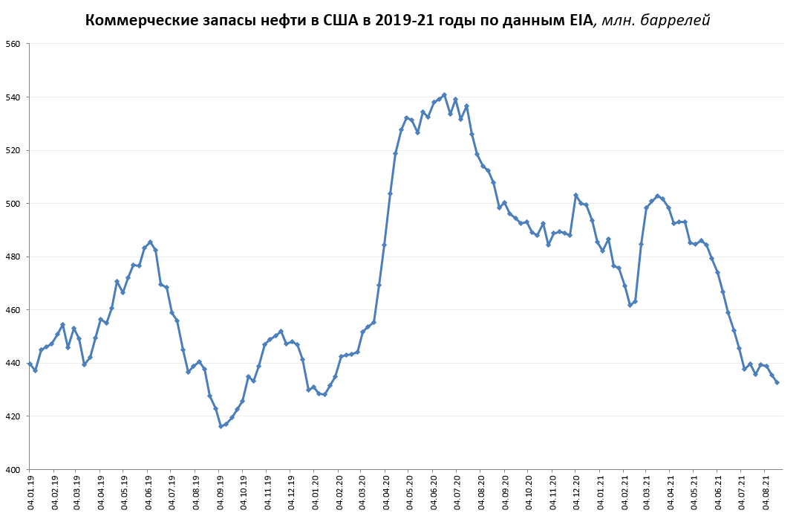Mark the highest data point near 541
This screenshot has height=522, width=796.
coord(444,94)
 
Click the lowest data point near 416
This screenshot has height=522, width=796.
coord(221,426)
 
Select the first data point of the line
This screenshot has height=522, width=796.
coord(30,364)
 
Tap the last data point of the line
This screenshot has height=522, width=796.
coord(777,382)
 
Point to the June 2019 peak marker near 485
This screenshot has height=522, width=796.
coord(150,242)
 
